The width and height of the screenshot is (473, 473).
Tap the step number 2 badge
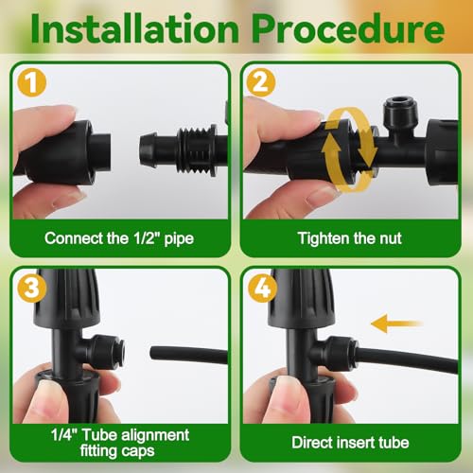[261, 82]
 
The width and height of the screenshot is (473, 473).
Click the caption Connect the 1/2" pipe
[119, 237]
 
